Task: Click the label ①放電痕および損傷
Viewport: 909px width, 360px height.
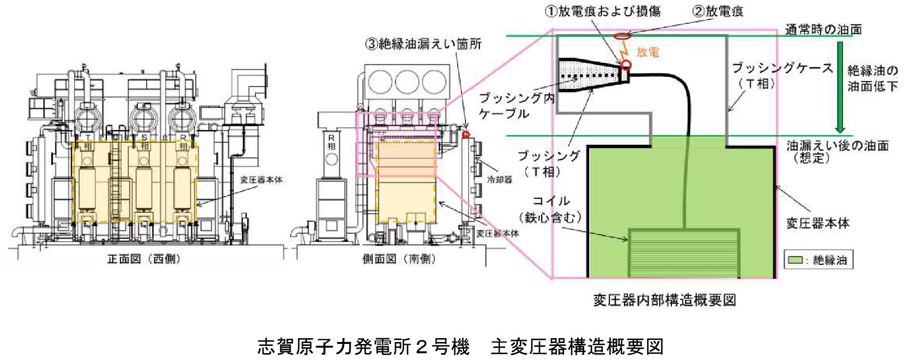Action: [x=602, y=11]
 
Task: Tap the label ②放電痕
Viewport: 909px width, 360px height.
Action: [x=718, y=11]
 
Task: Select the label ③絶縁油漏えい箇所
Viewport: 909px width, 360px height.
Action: [x=423, y=44]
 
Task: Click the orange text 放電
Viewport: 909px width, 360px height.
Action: [x=648, y=52]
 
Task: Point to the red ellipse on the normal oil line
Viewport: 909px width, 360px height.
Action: [x=623, y=35]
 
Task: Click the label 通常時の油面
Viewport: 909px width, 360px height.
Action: [x=823, y=30]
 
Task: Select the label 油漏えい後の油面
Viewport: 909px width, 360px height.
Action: [x=838, y=145]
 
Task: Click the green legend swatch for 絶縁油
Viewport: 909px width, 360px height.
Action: [x=795, y=260]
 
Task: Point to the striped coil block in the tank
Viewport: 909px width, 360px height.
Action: [x=684, y=253]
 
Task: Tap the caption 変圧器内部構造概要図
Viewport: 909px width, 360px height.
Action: [x=664, y=300]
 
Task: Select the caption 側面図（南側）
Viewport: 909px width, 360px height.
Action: [x=399, y=259]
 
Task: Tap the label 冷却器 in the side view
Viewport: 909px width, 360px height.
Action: [x=499, y=179]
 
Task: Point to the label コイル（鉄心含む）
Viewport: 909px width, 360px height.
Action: [x=550, y=209]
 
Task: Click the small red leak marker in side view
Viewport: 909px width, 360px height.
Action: [x=466, y=134]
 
